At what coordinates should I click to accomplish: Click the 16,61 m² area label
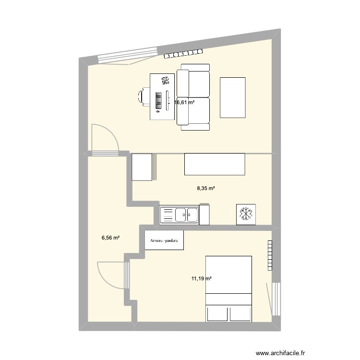(x=185, y=102)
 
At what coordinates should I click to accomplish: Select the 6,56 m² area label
(x=110, y=237)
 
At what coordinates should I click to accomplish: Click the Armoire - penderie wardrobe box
(x=164, y=240)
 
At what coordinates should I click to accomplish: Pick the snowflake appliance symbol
(x=246, y=214)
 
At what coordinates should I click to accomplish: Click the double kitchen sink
(x=179, y=215)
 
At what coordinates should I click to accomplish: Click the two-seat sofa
(x=193, y=99)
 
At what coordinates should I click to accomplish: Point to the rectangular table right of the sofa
(x=233, y=97)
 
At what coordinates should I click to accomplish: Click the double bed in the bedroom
(x=228, y=288)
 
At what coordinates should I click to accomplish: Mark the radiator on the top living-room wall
(x=185, y=54)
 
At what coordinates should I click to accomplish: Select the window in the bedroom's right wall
(x=276, y=299)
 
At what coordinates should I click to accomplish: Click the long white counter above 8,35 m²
(x=215, y=164)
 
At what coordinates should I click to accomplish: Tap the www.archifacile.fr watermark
(x=281, y=353)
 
